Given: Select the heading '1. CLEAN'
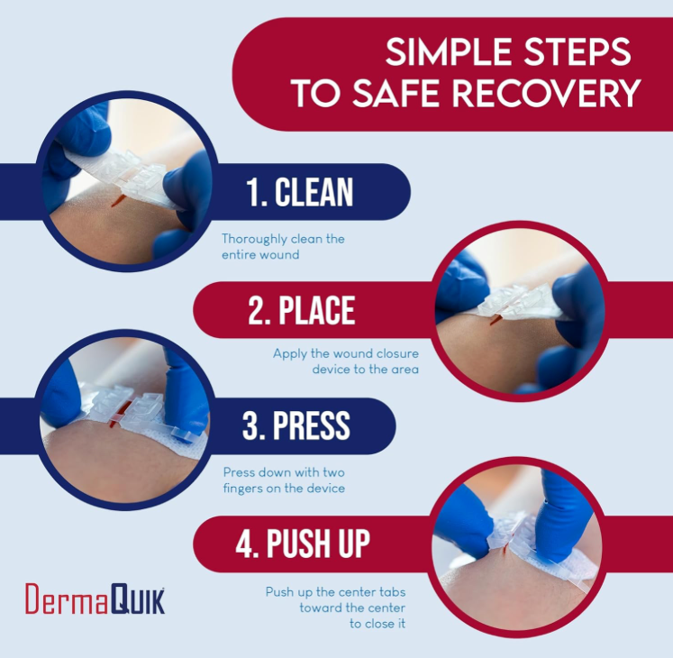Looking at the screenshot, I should pos(299,192).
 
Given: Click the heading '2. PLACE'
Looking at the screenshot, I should pos(301,309).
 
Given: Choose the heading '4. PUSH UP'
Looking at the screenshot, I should pos(303,544).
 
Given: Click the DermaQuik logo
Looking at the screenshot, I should pos(95,599).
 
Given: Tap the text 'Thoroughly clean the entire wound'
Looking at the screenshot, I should pos(283,247).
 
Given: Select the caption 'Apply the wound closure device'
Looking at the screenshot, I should pos(346,361).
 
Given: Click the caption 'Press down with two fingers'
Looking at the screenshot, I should pos(284,480).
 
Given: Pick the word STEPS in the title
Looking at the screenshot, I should pos(576,54).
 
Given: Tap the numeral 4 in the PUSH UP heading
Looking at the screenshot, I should pos(244,544).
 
